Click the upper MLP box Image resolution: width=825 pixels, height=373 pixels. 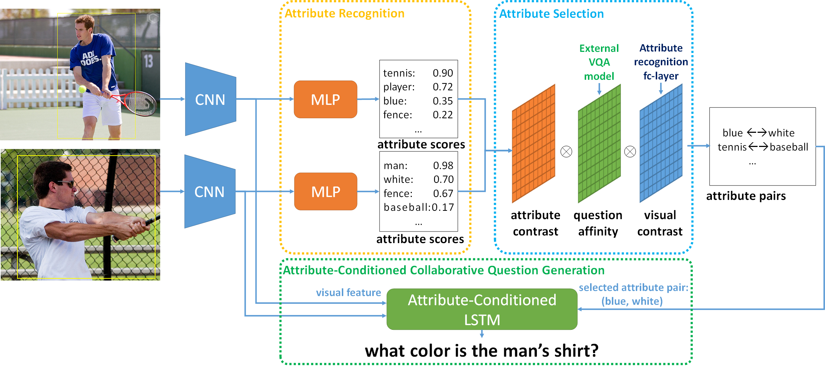pyautogui.click(x=325, y=99)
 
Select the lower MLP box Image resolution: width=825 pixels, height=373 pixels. pyautogui.click(x=325, y=192)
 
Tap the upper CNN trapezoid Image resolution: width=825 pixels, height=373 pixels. pyautogui.click(x=210, y=99)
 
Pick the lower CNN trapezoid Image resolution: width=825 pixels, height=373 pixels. pyautogui.click(x=210, y=192)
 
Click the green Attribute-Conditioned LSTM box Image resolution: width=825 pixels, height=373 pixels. pyautogui.click(x=482, y=309)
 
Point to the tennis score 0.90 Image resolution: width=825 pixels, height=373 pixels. pyautogui.click(x=443, y=73)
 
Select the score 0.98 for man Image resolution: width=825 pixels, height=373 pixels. pyautogui.click(x=443, y=165)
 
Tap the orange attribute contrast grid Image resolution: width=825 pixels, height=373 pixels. pyautogui.click(x=533, y=144)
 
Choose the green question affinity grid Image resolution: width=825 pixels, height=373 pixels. pyautogui.click(x=599, y=144)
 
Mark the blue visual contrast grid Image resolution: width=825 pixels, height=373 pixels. pyautogui.click(x=661, y=144)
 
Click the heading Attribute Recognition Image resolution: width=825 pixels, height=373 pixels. pyautogui.click(x=344, y=13)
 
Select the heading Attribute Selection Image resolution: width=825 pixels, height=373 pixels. pyautogui.click(x=551, y=14)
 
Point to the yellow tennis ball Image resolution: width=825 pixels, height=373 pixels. pyautogui.click(x=82, y=89)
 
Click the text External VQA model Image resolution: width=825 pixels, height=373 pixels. pyautogui.click(x=599, y=62)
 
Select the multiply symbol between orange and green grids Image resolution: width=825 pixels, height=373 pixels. pyautogui.click(x=566, y=152)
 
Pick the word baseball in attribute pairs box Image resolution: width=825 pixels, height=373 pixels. pyautogui.click(x=789, y=147)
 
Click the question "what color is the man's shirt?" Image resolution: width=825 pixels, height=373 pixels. pyautogui.click(x=481, y=351)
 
